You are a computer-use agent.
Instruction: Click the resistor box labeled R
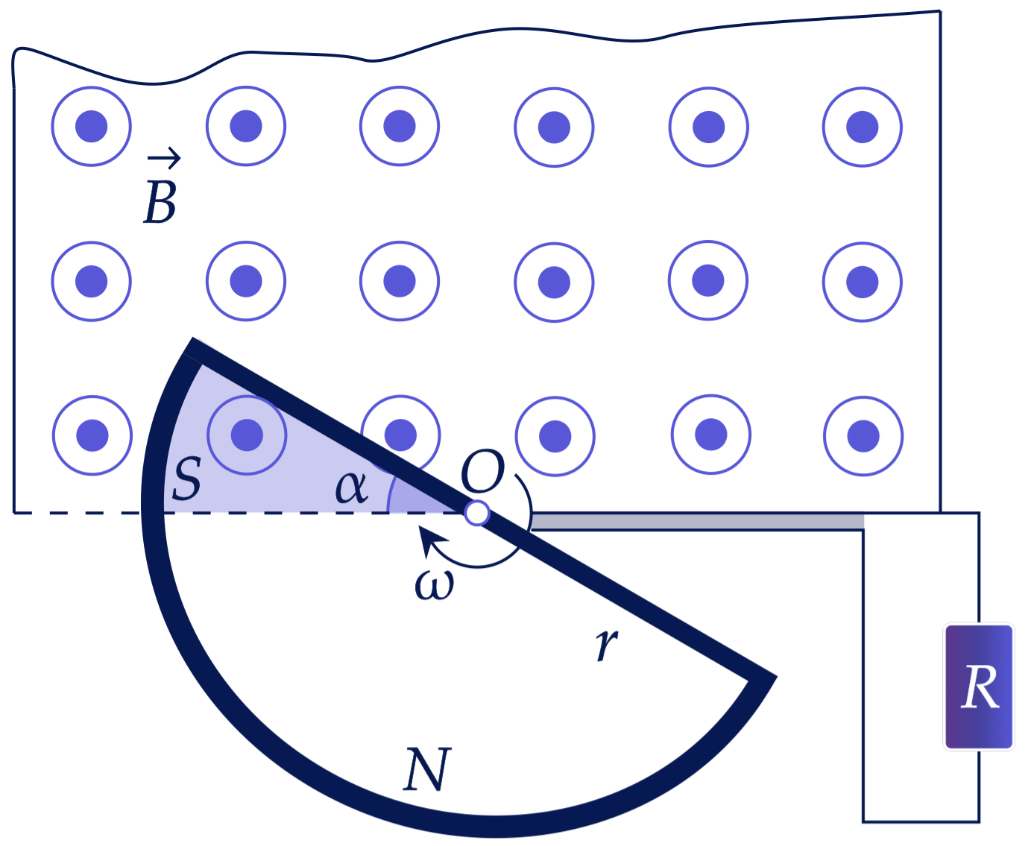tap(978, 687)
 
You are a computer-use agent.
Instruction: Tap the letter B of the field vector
tap(160, 203)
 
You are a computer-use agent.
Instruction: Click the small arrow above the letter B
tap(164, 158)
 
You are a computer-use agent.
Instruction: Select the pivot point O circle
tap(476, 513)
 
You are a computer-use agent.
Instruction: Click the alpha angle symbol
tap(351, 487)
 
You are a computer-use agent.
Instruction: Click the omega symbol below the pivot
tap(434, 585)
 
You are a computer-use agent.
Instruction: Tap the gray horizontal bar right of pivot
tap(697, 522)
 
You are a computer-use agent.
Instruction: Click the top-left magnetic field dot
tap(92, 127)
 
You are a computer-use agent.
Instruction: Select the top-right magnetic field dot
tap(863, 127)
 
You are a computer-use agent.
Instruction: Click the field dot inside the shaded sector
tap(247, 435)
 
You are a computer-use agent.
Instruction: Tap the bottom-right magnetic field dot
tap(863, 436)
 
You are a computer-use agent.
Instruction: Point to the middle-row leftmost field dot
tap(92, 282)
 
